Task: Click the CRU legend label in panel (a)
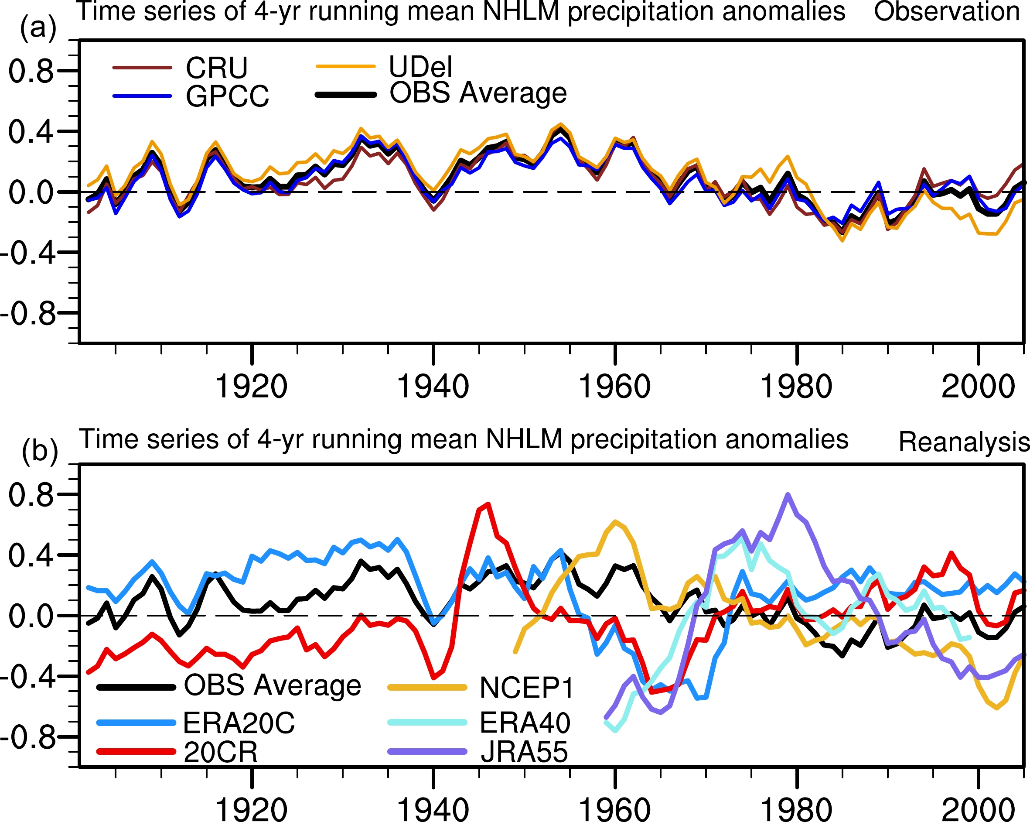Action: point(216,68)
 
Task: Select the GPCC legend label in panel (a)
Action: point(227,96)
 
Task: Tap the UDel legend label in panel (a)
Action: point(420,66)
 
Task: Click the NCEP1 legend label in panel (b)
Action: point(526,688)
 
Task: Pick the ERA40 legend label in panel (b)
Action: point(525,723)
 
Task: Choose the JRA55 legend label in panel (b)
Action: point(524,752)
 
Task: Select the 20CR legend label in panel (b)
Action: point(221,752)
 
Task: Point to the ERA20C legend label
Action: point(239,723)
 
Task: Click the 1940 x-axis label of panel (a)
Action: point(433,387)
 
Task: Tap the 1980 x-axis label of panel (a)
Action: point(796,387)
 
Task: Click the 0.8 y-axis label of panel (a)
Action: point(31,71)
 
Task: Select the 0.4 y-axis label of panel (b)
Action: point(31,556)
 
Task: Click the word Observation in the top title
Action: point(947,11)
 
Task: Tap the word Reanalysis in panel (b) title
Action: point(964,442)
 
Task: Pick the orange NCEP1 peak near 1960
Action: point(615,521)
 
